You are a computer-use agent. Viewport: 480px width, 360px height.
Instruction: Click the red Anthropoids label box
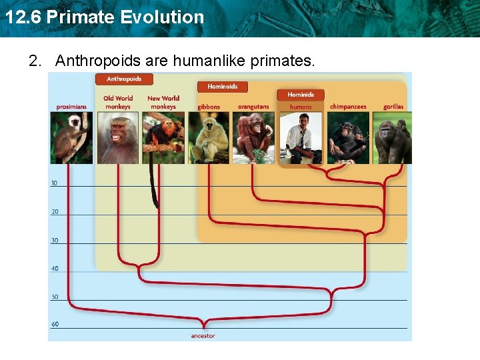(125, 79)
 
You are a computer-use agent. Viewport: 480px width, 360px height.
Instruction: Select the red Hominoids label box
(222, 87)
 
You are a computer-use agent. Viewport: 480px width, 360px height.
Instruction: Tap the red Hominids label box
(300, 95)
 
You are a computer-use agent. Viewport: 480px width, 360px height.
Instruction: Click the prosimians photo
(71, 137)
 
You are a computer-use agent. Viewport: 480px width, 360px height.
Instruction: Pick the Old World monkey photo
(118, 137)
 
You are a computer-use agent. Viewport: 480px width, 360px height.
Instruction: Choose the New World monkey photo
(163, 137)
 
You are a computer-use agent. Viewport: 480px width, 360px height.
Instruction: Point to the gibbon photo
(209, 137)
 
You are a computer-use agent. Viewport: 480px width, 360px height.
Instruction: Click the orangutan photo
(253, 137)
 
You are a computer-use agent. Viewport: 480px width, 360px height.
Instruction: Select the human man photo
(300, 137)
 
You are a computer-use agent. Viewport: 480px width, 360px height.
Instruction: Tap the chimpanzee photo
(347, 137)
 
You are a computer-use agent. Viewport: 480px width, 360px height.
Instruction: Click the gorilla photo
(393, 137)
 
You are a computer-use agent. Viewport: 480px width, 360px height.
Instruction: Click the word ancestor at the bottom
(203, 336)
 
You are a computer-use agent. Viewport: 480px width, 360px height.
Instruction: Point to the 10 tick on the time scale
(54, 183)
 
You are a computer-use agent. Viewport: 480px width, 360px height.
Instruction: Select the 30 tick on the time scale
(54, 240)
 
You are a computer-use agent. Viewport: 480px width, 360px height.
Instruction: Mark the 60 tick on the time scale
(54, 325)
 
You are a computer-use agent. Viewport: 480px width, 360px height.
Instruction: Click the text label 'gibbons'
(209, 107)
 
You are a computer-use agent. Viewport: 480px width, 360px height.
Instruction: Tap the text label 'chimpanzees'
(347, 107)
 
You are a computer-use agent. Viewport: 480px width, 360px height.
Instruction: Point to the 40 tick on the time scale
(54, 269)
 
